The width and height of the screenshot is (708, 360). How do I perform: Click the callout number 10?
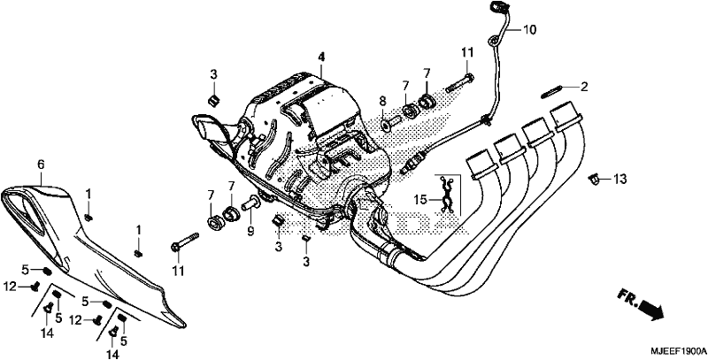529,30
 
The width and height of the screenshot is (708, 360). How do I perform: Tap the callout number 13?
620,180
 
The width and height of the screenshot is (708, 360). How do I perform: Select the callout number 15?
421,199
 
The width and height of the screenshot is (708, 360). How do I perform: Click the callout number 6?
41,165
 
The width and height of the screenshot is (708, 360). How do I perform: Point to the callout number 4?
321,57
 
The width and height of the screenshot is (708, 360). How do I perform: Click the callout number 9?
250,232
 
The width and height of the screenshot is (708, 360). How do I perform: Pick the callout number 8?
383,101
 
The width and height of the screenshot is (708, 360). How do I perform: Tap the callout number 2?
584,86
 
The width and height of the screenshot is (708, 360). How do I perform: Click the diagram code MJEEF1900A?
678,351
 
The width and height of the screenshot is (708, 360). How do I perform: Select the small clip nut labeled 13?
595,180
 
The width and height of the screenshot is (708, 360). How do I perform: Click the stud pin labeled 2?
550,92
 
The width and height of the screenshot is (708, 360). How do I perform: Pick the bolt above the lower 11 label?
185,241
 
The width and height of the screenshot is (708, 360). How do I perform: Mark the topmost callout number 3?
213,74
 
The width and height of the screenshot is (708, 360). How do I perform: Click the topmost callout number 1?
88,195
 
